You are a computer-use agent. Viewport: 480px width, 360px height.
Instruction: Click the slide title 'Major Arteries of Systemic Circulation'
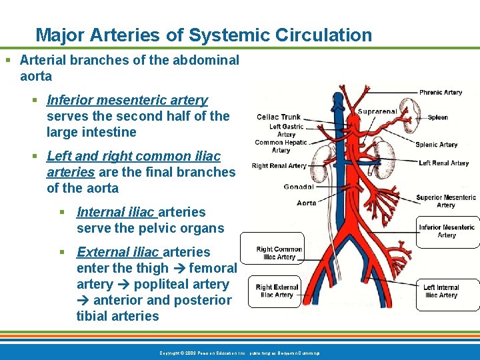pos(203,35)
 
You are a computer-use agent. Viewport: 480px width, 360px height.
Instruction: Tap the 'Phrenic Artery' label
pos(440,93)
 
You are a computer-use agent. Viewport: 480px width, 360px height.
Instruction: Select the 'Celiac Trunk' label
pos(279,117)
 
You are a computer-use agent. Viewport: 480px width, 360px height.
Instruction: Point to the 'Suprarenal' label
pos(377,111)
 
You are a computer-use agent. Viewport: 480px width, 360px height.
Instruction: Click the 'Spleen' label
pos(438,117)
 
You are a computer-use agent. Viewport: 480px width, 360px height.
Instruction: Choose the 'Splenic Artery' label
pos(437,145)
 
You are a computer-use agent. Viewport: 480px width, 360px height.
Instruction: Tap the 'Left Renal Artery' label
pos(443,163)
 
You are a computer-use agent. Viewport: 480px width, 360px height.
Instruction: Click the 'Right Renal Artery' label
pos(279,166)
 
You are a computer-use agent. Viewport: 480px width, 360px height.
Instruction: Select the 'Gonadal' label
pos(298,187)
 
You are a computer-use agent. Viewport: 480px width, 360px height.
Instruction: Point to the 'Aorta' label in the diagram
pos(307,203)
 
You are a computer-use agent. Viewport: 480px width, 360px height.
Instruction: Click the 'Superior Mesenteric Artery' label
pos(446,201)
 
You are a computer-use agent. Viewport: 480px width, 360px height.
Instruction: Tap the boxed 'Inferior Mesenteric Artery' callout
pos(447,231)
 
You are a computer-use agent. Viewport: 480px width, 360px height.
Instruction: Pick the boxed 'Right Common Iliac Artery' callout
pos(279,253)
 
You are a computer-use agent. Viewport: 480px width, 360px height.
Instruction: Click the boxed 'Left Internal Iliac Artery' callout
pos(441,291)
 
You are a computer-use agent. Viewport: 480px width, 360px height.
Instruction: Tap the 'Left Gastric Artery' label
pos(286,130)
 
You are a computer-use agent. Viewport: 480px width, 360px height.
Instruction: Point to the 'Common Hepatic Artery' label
pos(281,146)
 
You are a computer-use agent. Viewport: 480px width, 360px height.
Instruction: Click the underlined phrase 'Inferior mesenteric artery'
pos(127,100)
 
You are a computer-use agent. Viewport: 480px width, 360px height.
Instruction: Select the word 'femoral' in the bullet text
pos(213,268)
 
